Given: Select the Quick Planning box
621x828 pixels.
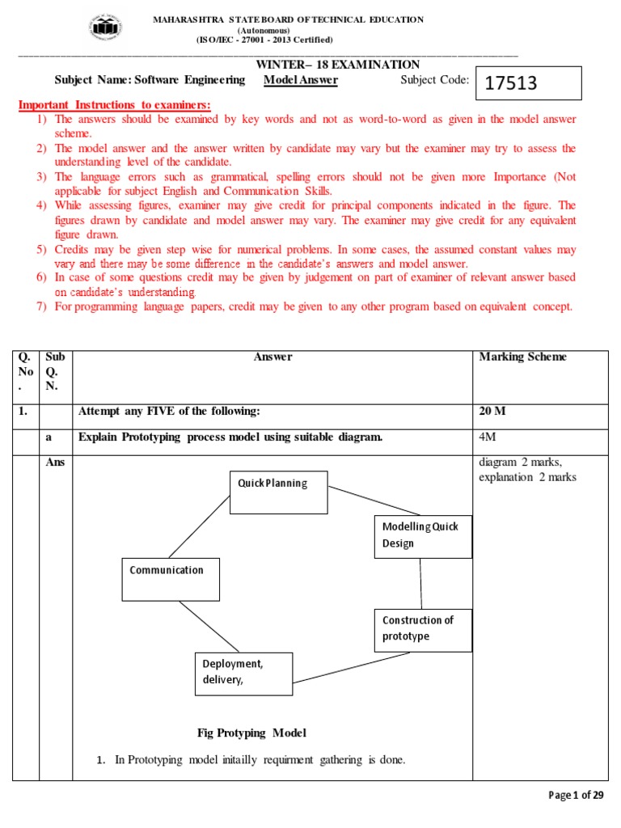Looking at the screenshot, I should (278, 492).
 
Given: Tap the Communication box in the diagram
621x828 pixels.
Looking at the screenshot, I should (171, 579).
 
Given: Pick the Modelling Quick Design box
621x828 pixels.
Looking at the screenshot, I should (423, 535).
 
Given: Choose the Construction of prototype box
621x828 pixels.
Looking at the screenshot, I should (423, 629).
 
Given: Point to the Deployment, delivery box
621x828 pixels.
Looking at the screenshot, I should (243, 674).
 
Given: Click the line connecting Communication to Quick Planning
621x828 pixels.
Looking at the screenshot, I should (199, 527).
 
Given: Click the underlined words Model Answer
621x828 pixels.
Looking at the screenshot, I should (301, 80).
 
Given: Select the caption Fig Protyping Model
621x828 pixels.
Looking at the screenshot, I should (251, 733).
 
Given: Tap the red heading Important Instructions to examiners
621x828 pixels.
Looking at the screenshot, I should (114, 105).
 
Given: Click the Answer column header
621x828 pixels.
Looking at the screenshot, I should (272, 357).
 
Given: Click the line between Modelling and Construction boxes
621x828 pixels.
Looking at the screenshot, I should (420, 583).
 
